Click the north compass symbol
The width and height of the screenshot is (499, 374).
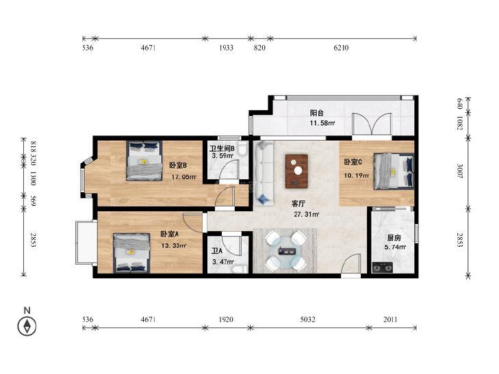(27, 326)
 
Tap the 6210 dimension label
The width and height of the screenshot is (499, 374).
(341, 48)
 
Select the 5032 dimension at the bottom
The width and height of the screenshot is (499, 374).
(307, 319)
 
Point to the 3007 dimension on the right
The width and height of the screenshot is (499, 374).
(460, 171)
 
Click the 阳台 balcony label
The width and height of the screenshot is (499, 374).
(317, 113)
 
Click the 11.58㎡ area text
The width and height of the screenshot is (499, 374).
(322, 123)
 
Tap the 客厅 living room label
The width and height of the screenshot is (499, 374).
(298, 203)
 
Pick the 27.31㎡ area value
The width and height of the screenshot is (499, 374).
(307, 215)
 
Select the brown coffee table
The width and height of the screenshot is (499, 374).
(296, 171)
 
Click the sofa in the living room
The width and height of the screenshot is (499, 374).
(264, 172)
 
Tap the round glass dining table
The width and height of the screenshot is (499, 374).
(286, 251)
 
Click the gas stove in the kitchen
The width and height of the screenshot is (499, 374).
(382, 267)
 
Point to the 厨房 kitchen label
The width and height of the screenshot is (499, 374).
(394, 238)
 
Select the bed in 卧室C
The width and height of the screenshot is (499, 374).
(394, 172)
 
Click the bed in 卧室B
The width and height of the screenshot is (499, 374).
(144, 161)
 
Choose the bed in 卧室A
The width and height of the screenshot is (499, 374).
(131, 253)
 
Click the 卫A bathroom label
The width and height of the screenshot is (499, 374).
(217, 252)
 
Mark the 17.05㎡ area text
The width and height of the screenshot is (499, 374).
(184, 176)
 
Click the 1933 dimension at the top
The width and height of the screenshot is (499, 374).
(227, 48)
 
